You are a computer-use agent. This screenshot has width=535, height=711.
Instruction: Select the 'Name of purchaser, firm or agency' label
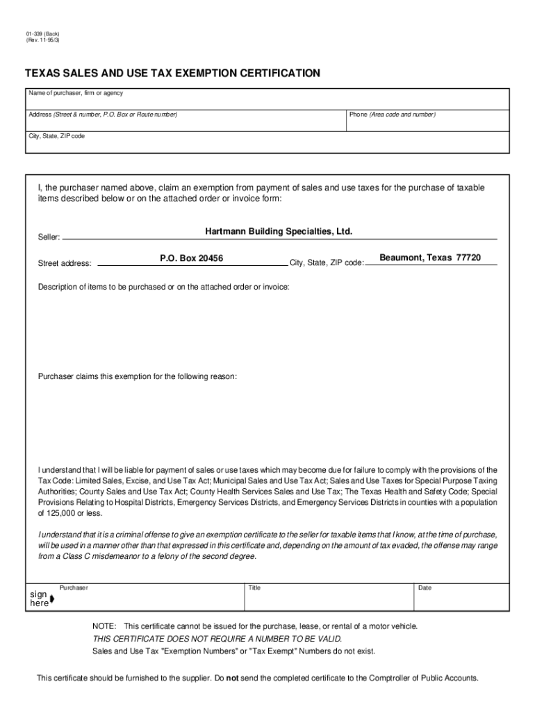click(76, 93)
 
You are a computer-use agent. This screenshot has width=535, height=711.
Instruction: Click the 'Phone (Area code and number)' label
click(392, 114)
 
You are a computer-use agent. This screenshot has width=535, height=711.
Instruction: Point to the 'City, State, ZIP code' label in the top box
click(56, 136)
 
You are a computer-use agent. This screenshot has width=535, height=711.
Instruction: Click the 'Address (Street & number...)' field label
click(102, 114)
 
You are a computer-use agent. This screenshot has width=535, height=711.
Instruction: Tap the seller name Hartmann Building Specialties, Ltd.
click(279, 231)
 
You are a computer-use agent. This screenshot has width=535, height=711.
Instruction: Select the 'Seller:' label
click(49, 237)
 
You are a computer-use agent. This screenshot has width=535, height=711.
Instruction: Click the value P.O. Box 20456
click(191, 258)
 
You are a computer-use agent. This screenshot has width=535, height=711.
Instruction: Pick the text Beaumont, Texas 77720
click(430, 258)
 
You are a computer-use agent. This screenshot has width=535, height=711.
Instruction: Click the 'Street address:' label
click(65, 263)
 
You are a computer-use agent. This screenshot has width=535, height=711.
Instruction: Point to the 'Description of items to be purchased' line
click(164, 287)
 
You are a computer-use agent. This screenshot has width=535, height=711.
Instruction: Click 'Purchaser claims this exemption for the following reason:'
click(138, 376)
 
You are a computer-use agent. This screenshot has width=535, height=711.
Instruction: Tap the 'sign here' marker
click(40, 599)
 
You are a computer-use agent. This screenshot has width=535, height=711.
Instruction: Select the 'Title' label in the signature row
click(254, 588)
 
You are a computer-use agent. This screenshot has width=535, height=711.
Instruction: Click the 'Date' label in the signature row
click(425, 588)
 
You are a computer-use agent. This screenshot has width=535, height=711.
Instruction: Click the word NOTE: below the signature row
click(104, 626)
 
